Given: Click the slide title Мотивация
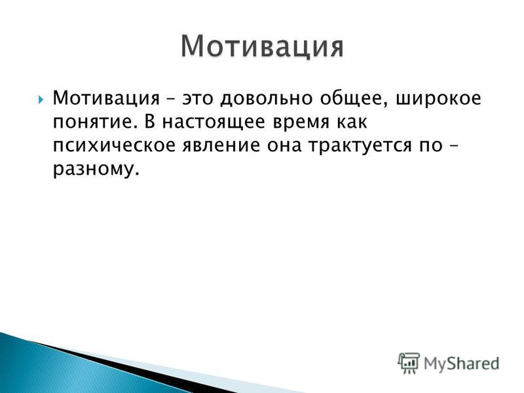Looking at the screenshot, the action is click(263, 47).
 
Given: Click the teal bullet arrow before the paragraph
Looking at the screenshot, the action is click(41, 100).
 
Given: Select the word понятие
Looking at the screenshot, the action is click(95, 122).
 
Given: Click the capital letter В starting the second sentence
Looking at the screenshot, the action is click(150, 122).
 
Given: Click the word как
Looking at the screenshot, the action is click(352, 122).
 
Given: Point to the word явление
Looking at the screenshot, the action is click(221, 146).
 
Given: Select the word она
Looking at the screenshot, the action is click(284, 146).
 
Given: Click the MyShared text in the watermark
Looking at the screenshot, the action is click(462, 364).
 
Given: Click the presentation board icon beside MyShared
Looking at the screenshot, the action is click(409, 363).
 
